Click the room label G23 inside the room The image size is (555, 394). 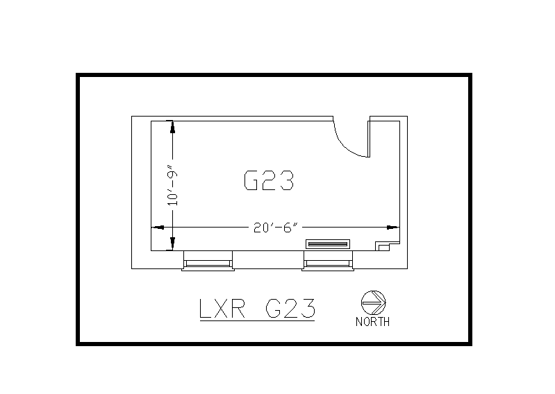click(x=270, y=180)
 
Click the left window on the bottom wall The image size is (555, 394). click(x=207, y=262)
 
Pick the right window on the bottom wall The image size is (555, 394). click(x=328, y=262)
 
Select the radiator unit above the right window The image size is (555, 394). click(x=328, y=244)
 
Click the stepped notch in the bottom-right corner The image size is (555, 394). click(x=383, y=246)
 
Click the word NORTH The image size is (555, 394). click(x=373, y=322)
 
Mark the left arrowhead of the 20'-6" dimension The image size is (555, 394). click(x=158, y=227)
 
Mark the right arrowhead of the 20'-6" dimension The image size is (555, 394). click(x=394, y=227)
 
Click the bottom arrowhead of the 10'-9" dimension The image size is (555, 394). click(x=173, y=244)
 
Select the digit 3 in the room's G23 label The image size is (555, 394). click(x=288, y=180)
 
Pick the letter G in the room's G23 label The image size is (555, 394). click(x=252, y=180)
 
